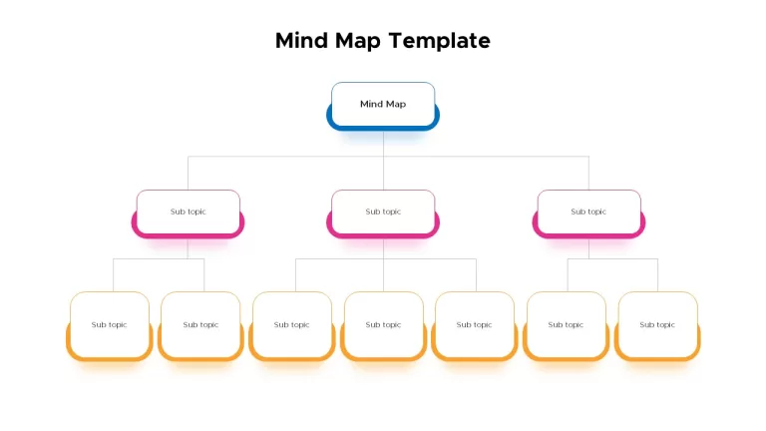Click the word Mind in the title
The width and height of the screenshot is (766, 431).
pyautogui.click(x=301, y=41)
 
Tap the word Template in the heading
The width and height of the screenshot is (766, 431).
pyautogui.click(x=440, y=41)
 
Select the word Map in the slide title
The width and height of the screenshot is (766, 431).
pyautogui.click(x=358, y=42)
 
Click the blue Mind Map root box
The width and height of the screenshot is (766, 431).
pyautogui.click(x=383, y=106)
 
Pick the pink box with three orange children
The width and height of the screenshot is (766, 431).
pyautogui.click(x=383, y=215)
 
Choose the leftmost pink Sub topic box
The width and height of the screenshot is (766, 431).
pyautogui.click(x=189, y=215)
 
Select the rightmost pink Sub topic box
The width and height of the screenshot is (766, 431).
pyautogui.click(x=588, y=215)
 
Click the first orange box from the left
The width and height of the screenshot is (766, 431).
pyautogui.click(x=110, y=326)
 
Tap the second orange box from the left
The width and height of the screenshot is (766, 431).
pyautogui.click(x=200, y=326)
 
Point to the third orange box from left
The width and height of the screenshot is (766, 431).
pyautogui.click(x=292, y=326)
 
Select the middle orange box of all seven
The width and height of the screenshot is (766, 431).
pyautogui.click(x=383, y=326)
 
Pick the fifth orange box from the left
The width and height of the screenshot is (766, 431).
pyautogui.click(x=475, y=326)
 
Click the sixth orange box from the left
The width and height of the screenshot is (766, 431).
pyautogui.click(x=567, y=326)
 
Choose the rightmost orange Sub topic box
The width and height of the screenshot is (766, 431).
pyautogui.click(x=657, y=326)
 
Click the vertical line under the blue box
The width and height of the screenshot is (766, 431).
pyautogui.click(x=383, y=161)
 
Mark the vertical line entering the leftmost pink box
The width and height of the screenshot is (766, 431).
pyautogui.click(x=189, y=173)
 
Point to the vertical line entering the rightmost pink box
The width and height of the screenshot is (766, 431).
pyautogui.click(x=588, y=173)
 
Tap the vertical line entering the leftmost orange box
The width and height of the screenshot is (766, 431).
pyautogui.click(x=114, y=275)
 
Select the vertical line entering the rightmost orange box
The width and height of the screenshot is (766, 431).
pyautogui.click(x=657, y=275)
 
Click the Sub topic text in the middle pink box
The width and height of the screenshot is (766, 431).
pyautogui.click(x=383, y=212)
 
